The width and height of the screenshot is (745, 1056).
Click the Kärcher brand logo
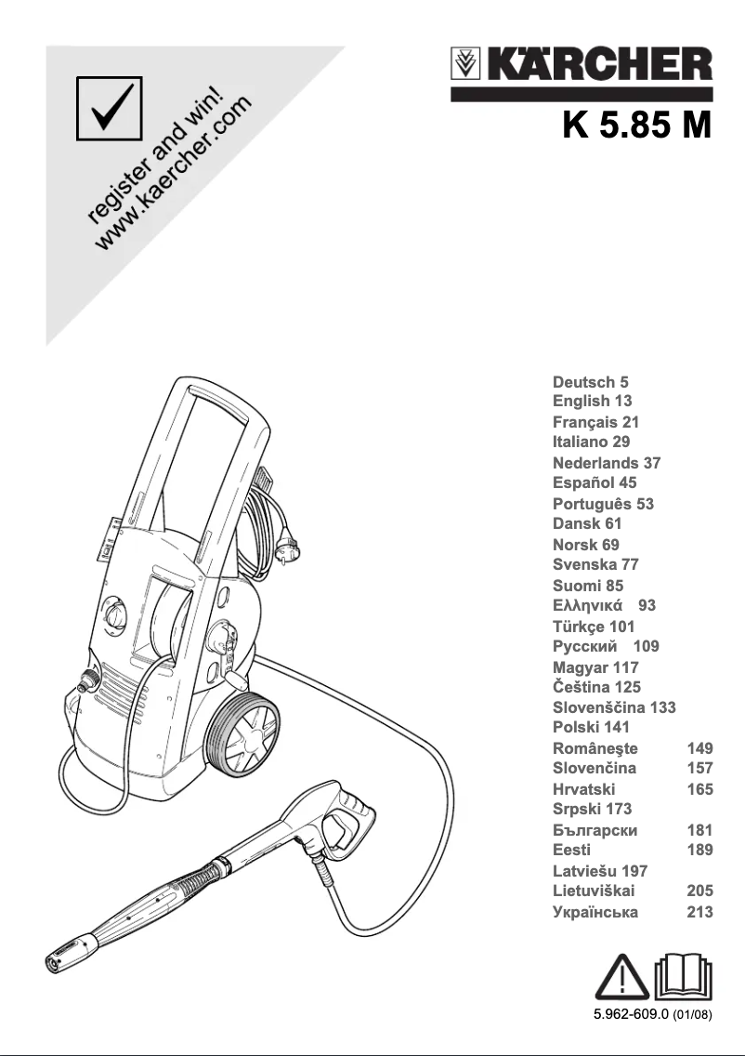tap(582, 67)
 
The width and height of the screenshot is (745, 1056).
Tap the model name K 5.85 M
tap(636, 124)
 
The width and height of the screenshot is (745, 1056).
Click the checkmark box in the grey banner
tap(110, 108)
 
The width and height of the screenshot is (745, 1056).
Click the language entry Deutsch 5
tap(591, 381)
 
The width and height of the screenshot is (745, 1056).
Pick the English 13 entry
tap(592, 401)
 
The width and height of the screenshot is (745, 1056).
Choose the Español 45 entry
tap(595, 482)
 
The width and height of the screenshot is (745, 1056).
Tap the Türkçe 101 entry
tap(594, 627)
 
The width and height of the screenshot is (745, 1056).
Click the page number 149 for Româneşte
tap(699, 748)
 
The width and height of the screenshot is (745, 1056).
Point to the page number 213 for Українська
tap(699, 912)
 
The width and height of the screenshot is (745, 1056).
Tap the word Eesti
tap(571, 850)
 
